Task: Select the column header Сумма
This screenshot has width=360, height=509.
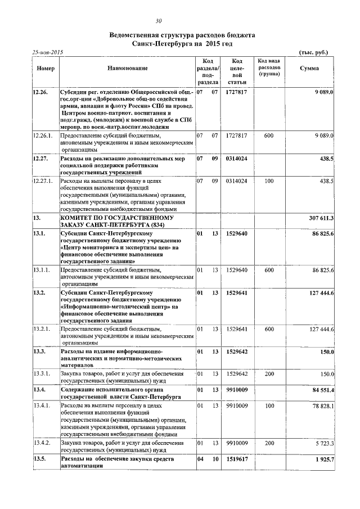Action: point(309,68)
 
